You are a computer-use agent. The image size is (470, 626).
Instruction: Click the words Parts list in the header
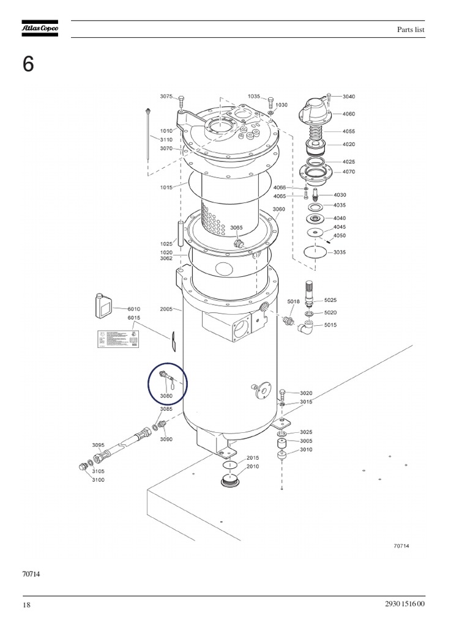411,30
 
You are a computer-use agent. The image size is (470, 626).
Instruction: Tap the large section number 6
28,65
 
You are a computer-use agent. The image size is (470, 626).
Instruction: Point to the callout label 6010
134,309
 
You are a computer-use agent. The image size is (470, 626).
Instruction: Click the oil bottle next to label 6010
102,305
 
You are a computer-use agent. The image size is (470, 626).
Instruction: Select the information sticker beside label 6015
117,339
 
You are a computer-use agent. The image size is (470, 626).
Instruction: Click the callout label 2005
166,309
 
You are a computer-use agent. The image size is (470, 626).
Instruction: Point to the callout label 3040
349,97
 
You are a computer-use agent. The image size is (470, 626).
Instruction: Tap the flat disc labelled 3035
315,252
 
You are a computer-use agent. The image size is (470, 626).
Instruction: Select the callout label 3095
98,445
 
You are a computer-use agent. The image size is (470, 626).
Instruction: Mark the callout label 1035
254,97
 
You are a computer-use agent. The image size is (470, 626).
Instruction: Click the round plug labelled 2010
229,479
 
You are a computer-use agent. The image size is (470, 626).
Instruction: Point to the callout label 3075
166,97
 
